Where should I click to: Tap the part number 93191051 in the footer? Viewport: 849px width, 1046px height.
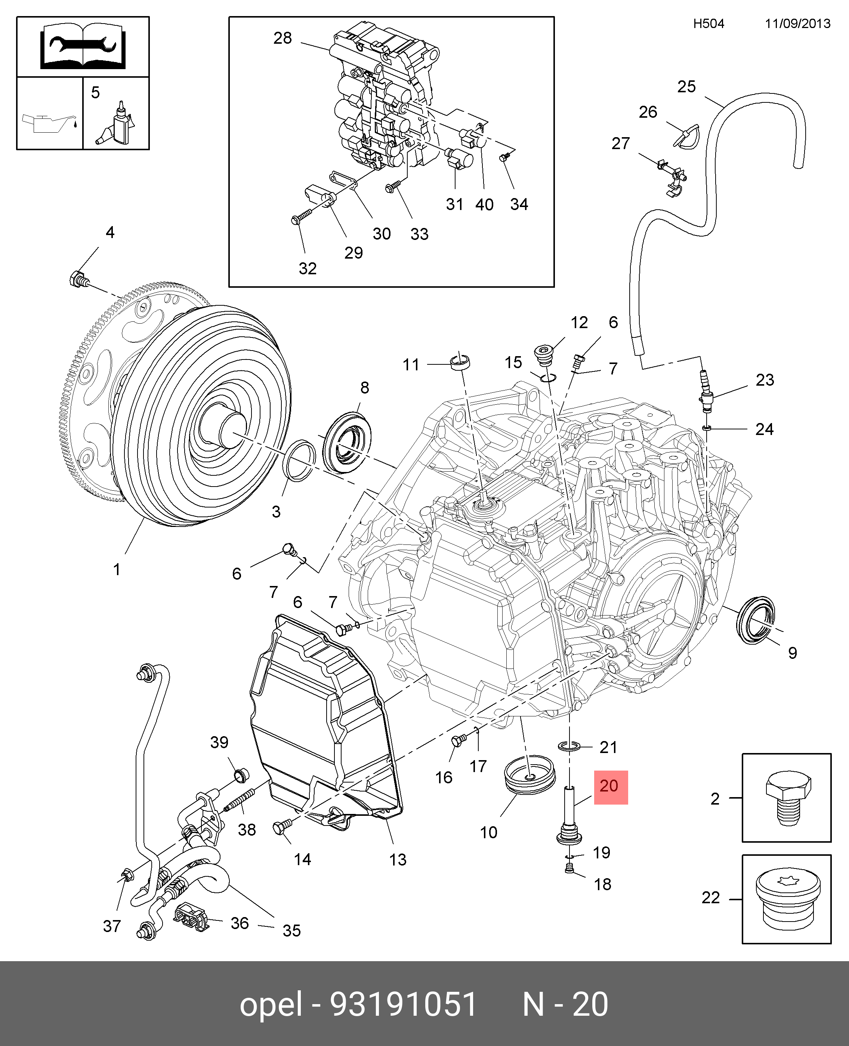[x=404, y=1003]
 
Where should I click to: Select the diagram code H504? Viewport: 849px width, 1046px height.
[x=708, y=24]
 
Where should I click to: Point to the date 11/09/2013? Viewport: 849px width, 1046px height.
[x=798, y=24]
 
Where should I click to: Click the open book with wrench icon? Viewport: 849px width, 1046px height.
[x=83, y=47]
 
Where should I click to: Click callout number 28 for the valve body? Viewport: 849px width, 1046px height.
[x=283, y=38]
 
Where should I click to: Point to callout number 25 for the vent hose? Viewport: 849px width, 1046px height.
[x=686, y=87]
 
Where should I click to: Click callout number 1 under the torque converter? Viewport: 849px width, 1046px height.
[x=116, y=570]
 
